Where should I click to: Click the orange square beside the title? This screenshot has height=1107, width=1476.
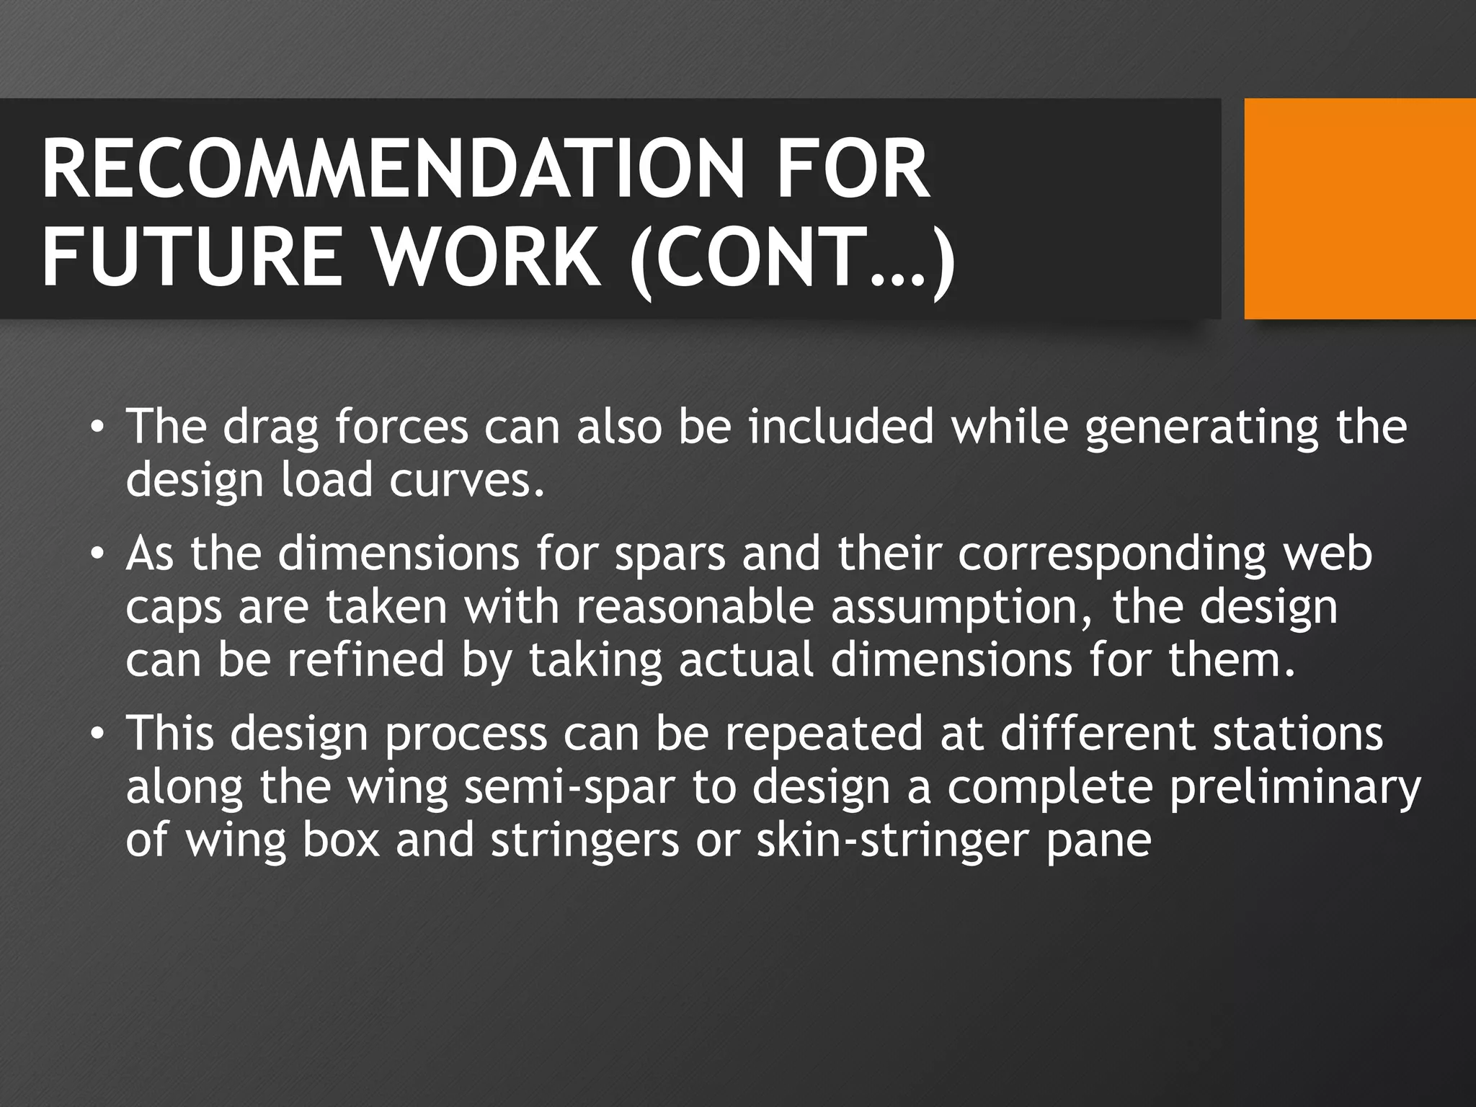(1360, 208)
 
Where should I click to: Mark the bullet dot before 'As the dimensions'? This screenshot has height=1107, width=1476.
(97, 556)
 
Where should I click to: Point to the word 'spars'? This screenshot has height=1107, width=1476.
(670, 555)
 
